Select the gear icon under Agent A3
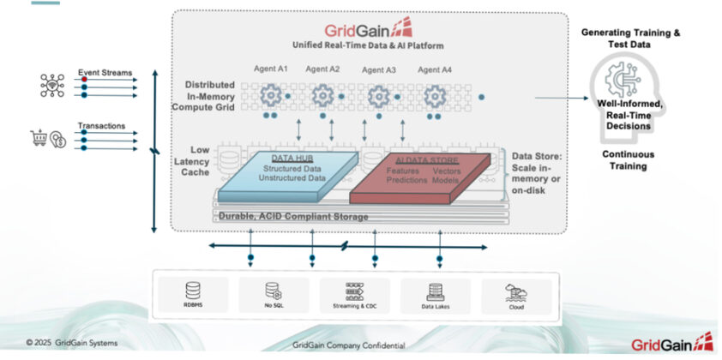coord(379,97)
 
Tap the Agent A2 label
coord(323,69)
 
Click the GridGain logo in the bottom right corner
coord(672,343)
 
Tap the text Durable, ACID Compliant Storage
coord(293,217)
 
